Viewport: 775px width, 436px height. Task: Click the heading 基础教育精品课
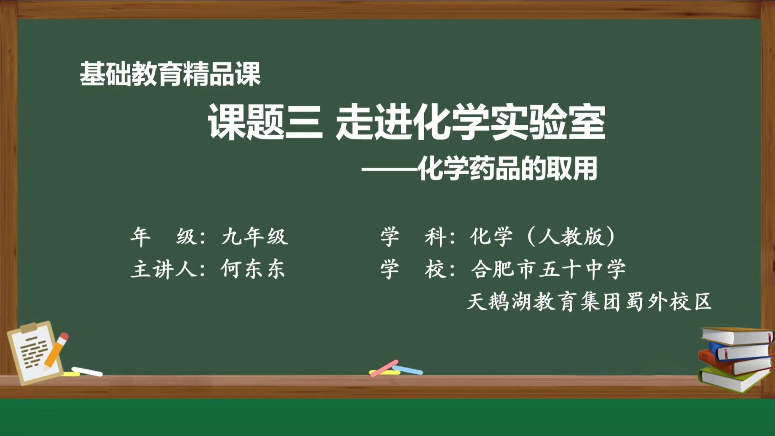[170, 74]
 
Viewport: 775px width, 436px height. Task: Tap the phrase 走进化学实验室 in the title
[470, 122]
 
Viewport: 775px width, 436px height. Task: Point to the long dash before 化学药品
[389, 169]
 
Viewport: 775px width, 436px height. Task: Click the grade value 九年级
[254, 237]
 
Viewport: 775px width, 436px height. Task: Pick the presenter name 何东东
[253, 269]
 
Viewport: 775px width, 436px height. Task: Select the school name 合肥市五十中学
[548, 269]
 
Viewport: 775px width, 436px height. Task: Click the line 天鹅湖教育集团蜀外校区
[589, 301]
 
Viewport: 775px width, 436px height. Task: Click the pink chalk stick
[384, 368]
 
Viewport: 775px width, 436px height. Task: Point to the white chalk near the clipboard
[87, 372]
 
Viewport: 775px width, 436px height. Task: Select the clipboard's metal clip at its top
[29, 327]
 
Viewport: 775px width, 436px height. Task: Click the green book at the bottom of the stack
[732, 380]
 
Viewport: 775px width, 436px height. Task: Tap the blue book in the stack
[739, 352]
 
